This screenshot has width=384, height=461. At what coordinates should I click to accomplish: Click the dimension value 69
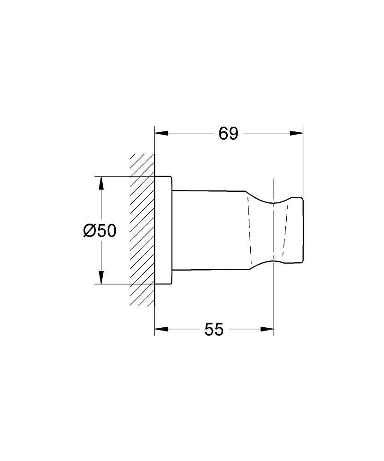coord(228,134)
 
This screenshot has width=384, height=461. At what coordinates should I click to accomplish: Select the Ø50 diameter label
coord(100,230)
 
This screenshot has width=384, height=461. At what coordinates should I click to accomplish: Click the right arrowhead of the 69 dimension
coord(297,134)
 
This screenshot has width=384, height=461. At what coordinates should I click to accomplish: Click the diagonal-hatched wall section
coord(142,230)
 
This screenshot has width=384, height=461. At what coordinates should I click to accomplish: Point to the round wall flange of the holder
coord(163,230)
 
